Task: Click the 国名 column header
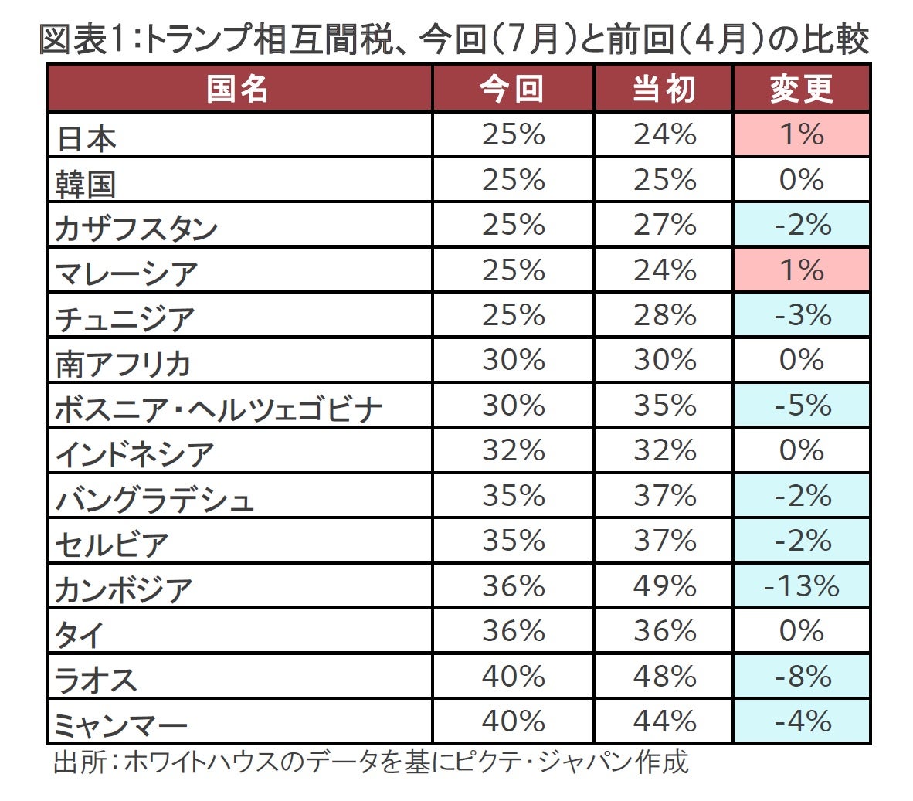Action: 238,89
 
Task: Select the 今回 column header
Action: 513,89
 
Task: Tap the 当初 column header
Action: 664,89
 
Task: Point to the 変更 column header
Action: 801,89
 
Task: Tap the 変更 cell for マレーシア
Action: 801,270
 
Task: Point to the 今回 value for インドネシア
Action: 514,450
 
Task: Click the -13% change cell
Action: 801,586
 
